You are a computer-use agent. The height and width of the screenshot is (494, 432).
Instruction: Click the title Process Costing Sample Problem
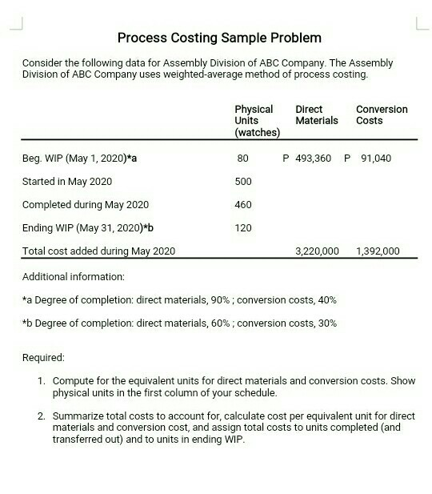(x=219, y=38)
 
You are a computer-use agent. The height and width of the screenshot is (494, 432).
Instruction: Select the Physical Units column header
(x=256, y=120)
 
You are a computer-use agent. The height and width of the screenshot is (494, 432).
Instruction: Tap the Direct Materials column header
(x=316, y=114)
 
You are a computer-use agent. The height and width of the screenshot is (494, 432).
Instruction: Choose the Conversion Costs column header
(x=381, y=114)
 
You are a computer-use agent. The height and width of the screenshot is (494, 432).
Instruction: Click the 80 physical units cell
(x=243, y=159)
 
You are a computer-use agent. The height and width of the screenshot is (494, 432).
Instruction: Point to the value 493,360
(x=313, y=159)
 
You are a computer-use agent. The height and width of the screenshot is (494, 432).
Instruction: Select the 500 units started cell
(x=243, y=182)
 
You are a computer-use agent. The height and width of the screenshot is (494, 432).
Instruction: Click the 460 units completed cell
(x=243, y=205)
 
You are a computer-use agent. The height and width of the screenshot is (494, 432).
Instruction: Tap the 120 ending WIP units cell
(x=243, y=228)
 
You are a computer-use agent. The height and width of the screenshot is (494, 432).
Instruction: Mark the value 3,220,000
(x=317, y=251)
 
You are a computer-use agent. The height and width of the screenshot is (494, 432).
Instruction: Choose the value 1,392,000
(x=378, y=251)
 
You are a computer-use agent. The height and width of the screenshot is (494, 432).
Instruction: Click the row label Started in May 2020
(x=67, y=182)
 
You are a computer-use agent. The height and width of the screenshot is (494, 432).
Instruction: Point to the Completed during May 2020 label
(x=86, y=205)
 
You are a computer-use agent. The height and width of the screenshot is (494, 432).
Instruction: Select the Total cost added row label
(x=98, y=251)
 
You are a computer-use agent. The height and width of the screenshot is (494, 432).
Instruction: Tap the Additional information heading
(x=74, y=276)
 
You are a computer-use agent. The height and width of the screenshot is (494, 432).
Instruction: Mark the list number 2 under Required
(x=41, y=416)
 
